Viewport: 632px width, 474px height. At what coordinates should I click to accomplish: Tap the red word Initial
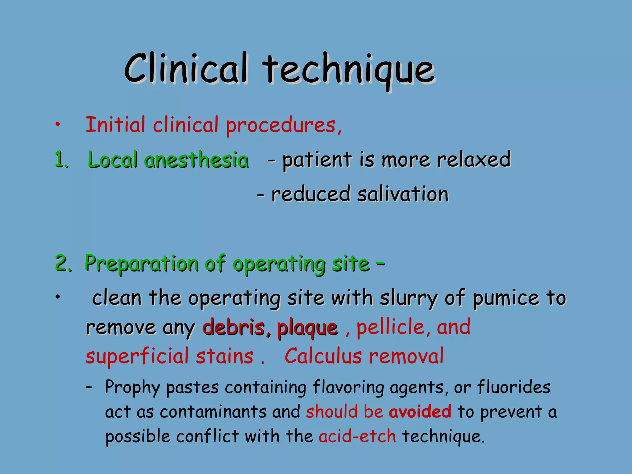(115, 125)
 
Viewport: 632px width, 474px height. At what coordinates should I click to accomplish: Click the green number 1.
(61, 160)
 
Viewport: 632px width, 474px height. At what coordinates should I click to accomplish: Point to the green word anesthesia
(196, 160)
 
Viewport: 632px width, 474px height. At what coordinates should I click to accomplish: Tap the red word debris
(234, 328)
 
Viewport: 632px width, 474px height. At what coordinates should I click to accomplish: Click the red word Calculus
(323, 356)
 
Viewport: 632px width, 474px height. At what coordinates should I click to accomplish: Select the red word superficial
(137, 357)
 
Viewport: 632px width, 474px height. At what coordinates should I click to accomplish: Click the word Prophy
(132, 388)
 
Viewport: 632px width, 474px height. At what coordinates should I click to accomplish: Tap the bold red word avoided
(420, 412)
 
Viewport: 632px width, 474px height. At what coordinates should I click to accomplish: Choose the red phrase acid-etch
(357, 436)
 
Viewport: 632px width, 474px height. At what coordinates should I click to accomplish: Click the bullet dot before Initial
(57, 125)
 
